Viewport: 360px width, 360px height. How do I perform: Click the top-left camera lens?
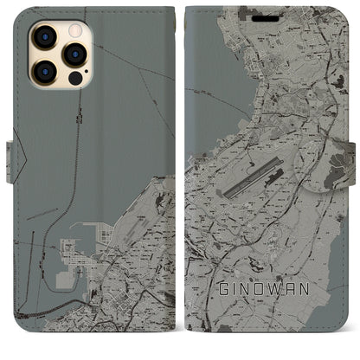point(45,37)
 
